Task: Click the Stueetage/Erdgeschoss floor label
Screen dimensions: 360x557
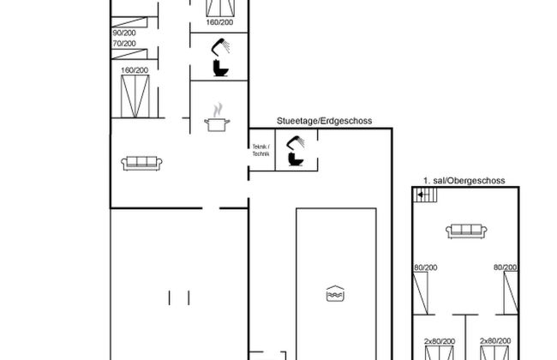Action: [323, 122]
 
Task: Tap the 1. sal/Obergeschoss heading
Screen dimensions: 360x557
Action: [464, 181]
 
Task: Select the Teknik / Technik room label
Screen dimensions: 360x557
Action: [261, 150]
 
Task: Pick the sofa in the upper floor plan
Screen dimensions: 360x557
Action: [466, 229]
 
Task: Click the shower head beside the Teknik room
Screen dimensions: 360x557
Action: [296, 142]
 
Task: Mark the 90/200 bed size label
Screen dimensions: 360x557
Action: [124, 33]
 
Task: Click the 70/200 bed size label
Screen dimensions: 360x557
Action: [124, 43]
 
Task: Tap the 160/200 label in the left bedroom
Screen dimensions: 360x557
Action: [135, 69]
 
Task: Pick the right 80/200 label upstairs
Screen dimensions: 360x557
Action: [506, 269]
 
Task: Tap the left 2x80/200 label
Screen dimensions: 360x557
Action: [440, 341]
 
